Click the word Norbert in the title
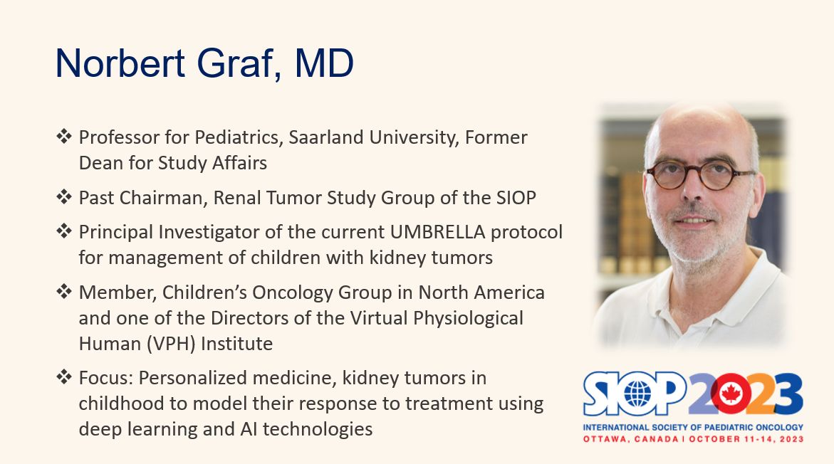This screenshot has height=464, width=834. coord(120,63)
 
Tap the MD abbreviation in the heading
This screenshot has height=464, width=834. coord(324,63)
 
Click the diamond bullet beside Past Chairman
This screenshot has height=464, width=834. coord(64,196)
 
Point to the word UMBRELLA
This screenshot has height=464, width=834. coord(438,232)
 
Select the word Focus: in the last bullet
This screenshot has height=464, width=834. coord(106,378)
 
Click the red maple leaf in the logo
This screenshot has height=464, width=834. coord(730,394)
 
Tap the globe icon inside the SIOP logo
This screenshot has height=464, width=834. coord(637,394)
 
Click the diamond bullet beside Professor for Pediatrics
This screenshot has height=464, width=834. coord(64,136)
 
